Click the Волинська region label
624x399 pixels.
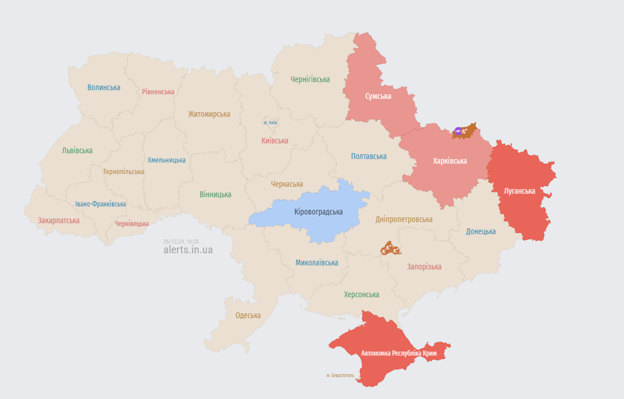click(104, 87)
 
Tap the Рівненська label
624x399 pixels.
click(158, 92)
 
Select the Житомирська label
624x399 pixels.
click(209, 114)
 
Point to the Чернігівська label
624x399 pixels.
click(310, 79)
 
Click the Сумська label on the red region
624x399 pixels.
click(378, 96)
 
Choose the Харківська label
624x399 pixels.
click(450, 161)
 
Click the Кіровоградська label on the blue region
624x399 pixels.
click(318, 212)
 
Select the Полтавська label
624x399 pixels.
click(369, 156)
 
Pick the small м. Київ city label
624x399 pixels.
click(270, 123)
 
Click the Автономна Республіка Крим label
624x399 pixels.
click(399, 353)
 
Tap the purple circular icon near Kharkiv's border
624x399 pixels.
click(458, 132)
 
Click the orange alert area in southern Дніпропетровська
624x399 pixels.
click(390, 249)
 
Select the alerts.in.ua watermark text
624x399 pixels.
click(188, 250)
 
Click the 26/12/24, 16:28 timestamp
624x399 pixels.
click(181, 241)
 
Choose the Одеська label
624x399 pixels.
click(248, 315)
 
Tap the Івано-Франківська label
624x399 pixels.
click(100, 204)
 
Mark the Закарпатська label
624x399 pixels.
click(59, 220)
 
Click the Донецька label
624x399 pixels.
click(481, 231)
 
